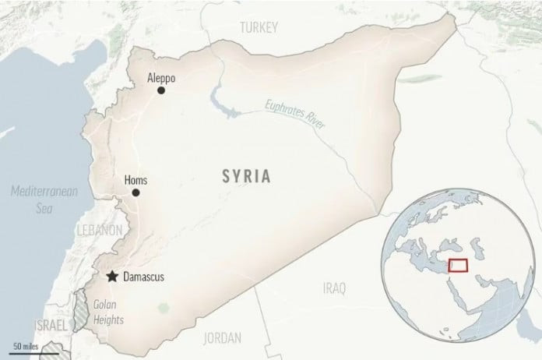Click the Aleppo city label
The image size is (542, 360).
[x=161, y=79]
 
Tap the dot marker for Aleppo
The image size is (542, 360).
[x=161, y=91]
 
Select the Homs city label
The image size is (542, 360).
[x=135, y=181]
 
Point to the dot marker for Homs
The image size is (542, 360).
[x=135, y=192]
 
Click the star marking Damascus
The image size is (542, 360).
[x=113, y=276]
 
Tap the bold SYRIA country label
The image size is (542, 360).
[x=245, y=177]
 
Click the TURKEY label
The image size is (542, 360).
[x=259, y=27]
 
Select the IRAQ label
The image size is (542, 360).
[x=333, y=289]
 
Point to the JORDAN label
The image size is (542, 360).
[x=222, y=338]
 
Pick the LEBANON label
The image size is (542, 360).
[x=99, y=231]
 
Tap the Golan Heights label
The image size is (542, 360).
[x=107, y=312]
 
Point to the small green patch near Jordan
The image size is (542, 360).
[x=164, y=309]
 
